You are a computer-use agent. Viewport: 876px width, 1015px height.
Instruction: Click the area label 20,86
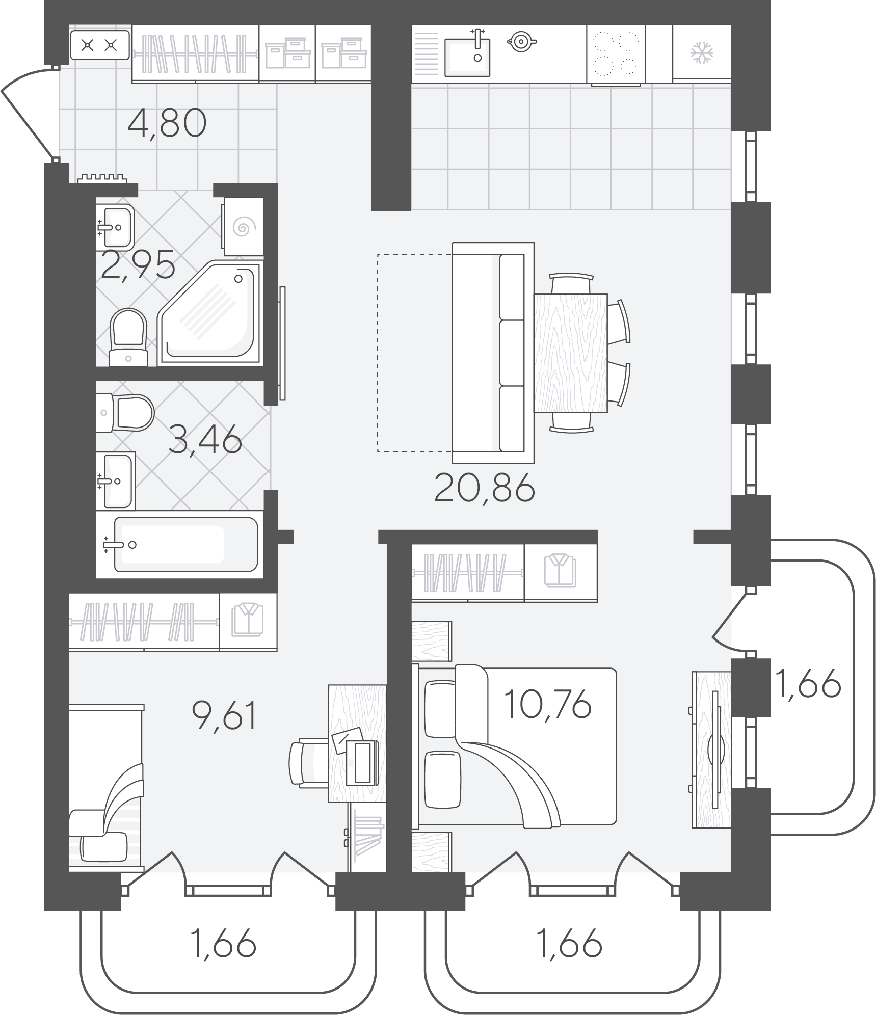pyautogui.click(x=484, y=488)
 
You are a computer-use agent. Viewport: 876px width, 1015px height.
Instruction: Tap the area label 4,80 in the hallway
pyautogui.click(x=167, y=123)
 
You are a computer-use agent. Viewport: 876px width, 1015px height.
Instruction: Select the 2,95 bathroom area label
pyautogui.click(x=138, y=265)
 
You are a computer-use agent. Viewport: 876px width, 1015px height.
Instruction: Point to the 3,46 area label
pyautogui.click(x=205, y=440)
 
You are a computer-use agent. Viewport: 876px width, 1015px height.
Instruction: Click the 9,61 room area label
pyautogui.click(x=224, y=715)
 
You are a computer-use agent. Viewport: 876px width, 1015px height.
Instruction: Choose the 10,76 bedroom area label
pyautogui.click(x=547, y=704)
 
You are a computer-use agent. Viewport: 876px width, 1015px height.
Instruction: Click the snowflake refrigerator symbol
pyautogui.click(x=702, y=53)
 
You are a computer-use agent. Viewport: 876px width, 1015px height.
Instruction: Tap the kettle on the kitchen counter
pyautogui.click(x=521, y=42)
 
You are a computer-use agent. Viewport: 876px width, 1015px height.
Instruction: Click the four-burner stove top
pyautogui.click(x=616, y=54)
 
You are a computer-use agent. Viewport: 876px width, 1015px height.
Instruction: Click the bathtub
pyautogui.click(x=186, y=544)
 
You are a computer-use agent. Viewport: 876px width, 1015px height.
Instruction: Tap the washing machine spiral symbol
pyautogui.click(x=244, y=227)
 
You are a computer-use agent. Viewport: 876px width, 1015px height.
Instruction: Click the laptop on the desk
pyautogui.click(x=362, y=763)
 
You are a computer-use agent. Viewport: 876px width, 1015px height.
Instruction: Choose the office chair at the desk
pyautogui.click(x=308, y=762)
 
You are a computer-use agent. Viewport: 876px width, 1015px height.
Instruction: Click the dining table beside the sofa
pyautogui.click(x=571, y=353)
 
